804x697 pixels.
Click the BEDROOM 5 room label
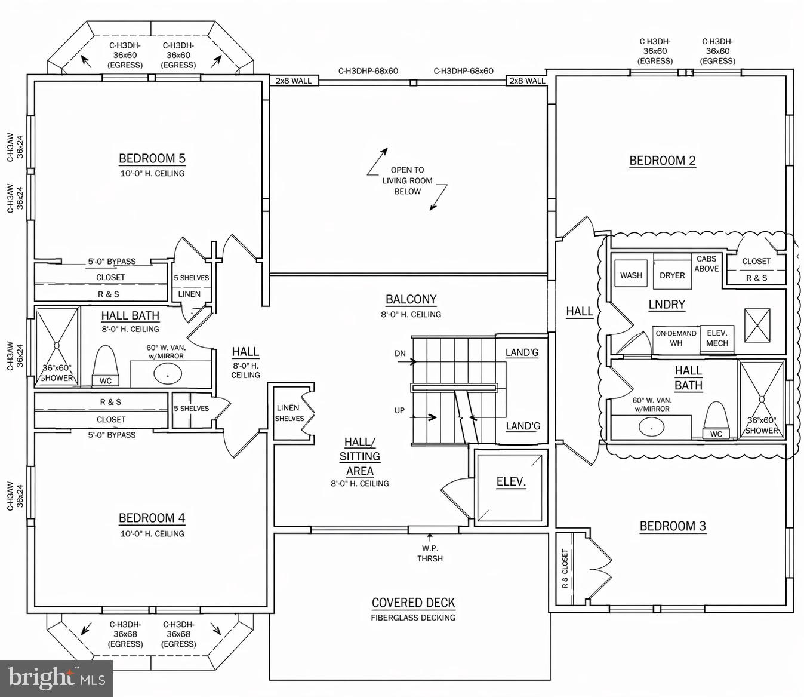click(152, 159)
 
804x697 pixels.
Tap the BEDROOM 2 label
click(662, 161)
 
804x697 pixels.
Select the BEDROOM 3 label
click(672, 526)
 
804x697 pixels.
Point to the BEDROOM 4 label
click(152, 518)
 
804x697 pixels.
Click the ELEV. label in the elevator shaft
click(511, 483)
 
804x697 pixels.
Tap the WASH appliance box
click(631, 275)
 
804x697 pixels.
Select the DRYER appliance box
click(672, 275)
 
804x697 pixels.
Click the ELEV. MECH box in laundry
click(717, 338)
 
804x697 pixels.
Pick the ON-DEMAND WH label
click(676, 338)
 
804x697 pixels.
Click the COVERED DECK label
click(413, 603)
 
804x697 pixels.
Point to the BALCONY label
click(411, 300)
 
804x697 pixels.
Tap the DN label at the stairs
click(400, 354)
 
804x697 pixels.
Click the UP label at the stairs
click(400, 410)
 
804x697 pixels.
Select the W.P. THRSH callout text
click(430, 553)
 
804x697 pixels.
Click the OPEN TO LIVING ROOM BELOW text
click(408, 180)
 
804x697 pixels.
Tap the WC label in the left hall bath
click(105, 381)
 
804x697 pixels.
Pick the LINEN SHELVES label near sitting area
click(289, 413)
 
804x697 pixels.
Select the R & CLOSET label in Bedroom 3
click(565, 569)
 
